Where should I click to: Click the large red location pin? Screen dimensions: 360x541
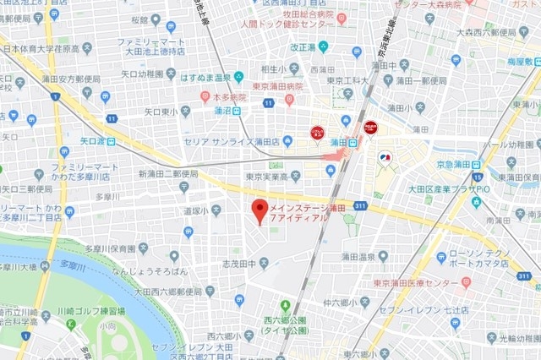pos(260,209)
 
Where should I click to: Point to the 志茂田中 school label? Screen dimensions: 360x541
pos(238,265)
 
